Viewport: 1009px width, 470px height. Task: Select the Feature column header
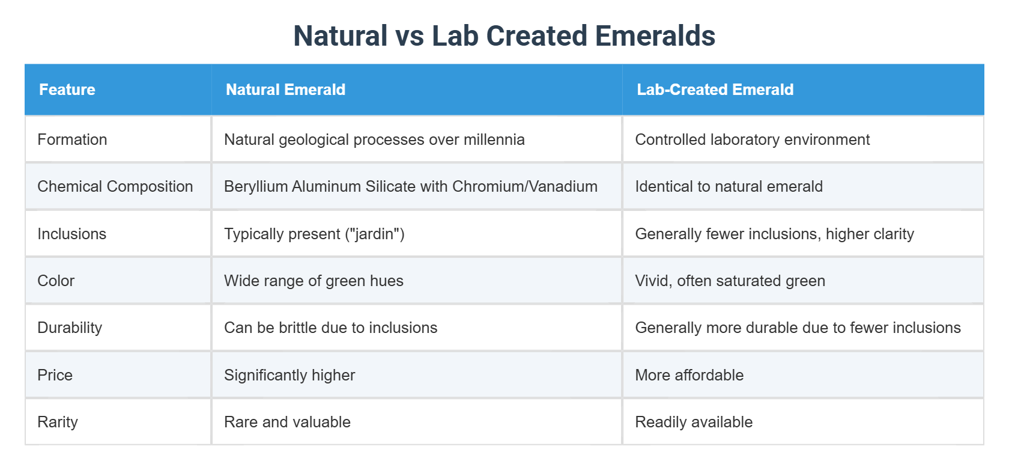67,90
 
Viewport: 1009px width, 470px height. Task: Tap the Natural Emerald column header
285,90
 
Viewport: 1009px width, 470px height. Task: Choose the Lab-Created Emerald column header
715,90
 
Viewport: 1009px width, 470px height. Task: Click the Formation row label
72,139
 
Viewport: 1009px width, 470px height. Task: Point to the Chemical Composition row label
115,186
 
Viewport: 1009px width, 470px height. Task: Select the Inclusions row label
71,234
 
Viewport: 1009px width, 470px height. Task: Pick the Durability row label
70,328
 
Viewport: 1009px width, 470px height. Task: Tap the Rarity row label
58,422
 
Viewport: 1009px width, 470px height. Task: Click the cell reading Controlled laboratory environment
752,139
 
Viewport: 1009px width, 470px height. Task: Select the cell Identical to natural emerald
729,186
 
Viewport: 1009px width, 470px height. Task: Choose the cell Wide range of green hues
314,281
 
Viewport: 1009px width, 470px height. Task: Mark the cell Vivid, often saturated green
730,281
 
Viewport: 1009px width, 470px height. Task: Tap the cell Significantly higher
289,375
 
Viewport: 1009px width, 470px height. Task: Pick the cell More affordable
689,375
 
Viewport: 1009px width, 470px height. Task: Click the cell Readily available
694,422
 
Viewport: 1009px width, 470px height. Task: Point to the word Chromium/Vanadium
524,186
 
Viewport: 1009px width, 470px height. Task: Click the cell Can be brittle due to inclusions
330,328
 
